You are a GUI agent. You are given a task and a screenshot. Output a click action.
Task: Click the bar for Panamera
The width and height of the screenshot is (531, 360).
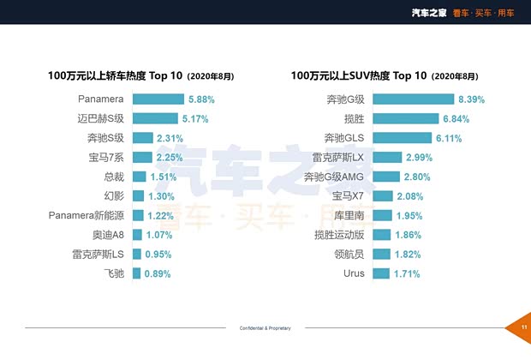pos(158,99)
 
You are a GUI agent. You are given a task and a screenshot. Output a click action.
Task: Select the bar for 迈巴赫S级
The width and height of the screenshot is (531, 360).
pos(155,118)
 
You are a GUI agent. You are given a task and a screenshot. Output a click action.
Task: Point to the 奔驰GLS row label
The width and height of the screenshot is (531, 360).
pos(344,138)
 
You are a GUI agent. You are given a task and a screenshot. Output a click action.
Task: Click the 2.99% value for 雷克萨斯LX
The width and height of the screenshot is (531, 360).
pos(419,157)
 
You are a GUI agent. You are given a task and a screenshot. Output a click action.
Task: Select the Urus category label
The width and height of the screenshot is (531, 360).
pos(353,273)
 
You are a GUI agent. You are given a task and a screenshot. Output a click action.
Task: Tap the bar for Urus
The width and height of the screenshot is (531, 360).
pos(381,273)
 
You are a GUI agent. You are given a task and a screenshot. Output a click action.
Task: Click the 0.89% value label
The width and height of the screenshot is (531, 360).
pos(158,273)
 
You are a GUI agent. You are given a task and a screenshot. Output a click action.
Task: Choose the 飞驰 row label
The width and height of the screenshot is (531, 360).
pos(114,273)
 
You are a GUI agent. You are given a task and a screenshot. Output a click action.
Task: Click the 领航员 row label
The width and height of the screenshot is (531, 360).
pos(349,254)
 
